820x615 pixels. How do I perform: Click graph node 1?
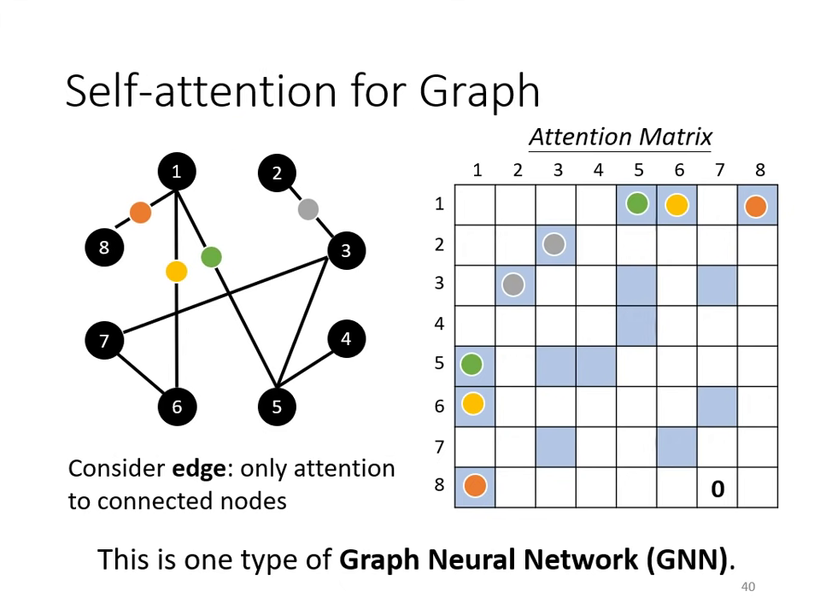[176, 173]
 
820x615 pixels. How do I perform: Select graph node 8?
[104, 248]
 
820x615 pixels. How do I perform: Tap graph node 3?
[346, 250]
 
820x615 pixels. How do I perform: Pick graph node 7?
[104, 342]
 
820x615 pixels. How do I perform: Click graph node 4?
[346, 339]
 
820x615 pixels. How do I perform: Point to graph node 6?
[177, 407]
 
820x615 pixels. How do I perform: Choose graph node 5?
[277, 407]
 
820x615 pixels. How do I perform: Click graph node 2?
[277, 173]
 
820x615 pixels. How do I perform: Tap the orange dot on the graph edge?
[140, 212]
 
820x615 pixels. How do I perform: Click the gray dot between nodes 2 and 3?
[308, 209]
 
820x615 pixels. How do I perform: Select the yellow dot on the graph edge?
[176, 272]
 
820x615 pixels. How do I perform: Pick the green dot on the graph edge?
[211, 256]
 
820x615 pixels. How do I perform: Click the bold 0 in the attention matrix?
[717, 489]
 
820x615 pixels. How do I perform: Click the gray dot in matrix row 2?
[554, 245]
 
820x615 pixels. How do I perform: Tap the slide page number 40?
[748, 587]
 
